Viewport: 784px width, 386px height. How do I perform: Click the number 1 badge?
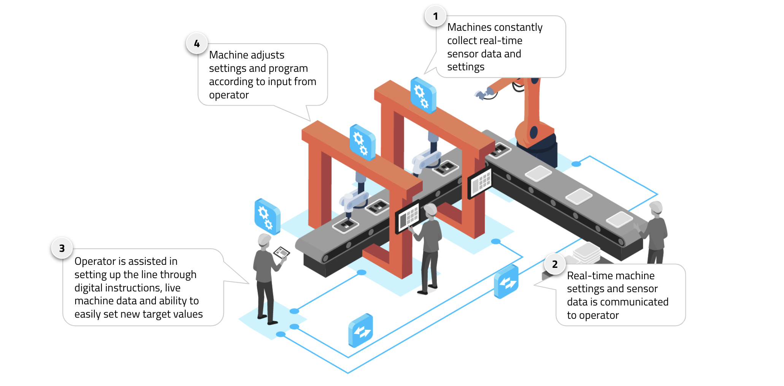(435, 16)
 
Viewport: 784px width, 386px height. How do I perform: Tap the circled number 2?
(555, 264)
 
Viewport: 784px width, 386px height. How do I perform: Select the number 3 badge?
(62, 248)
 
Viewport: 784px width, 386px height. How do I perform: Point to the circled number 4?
(197, 44)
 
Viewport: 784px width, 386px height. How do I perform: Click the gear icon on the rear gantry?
(422, 95)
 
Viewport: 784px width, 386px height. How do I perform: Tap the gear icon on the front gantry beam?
(362, 142)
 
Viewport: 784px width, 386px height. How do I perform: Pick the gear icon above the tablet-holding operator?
(267, 216)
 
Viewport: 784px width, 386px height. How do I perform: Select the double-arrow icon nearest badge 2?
(506, 282)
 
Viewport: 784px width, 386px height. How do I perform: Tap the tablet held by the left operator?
(281, 252)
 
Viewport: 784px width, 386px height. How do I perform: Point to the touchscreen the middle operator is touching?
(408, 217)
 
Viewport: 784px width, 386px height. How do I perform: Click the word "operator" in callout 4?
(229, 95)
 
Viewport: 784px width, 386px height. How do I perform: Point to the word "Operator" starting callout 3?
(95, 261)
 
